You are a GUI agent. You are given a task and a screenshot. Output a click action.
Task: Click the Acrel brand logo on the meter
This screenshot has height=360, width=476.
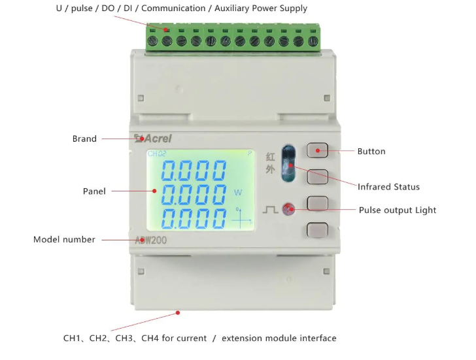pos(153,139)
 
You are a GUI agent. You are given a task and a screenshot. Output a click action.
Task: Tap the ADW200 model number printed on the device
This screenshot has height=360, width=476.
pos(151,240)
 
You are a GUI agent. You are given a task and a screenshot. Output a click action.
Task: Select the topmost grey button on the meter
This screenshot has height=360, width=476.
pos(317,150)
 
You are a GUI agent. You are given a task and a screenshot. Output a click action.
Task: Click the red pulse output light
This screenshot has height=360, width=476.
pos(288,209)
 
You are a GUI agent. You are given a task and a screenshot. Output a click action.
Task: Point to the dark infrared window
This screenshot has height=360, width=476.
pos(288,163)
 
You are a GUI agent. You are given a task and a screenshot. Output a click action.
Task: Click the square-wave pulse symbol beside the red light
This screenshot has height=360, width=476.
pos(270,210)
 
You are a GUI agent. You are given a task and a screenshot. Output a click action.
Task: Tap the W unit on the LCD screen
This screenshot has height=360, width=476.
pos(238,192)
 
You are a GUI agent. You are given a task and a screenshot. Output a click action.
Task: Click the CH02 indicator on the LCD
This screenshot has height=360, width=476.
pos(157,154)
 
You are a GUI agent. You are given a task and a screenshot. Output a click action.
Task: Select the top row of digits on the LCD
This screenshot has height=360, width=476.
pos(194,171)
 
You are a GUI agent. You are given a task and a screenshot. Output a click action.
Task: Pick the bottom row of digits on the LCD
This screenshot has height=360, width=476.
pos(194,218)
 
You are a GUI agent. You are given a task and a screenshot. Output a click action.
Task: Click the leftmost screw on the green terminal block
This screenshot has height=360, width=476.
pos(152,41)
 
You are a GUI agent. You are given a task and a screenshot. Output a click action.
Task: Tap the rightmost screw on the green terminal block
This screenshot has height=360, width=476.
pos(313,41)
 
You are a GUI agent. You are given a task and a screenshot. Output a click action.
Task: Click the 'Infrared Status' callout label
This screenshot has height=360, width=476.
pos(388,187)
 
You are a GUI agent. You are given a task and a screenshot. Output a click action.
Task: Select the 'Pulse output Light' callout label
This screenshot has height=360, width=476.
pos(398,210)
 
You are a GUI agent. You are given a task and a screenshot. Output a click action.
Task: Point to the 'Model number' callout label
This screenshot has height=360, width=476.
pos(64,240)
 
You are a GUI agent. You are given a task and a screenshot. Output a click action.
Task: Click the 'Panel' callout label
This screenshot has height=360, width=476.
pos(94,191)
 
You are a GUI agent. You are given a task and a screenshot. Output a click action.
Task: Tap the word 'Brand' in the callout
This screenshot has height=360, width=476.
pos(84,139)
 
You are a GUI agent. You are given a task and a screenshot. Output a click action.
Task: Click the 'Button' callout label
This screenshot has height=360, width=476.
pos(371,152)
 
